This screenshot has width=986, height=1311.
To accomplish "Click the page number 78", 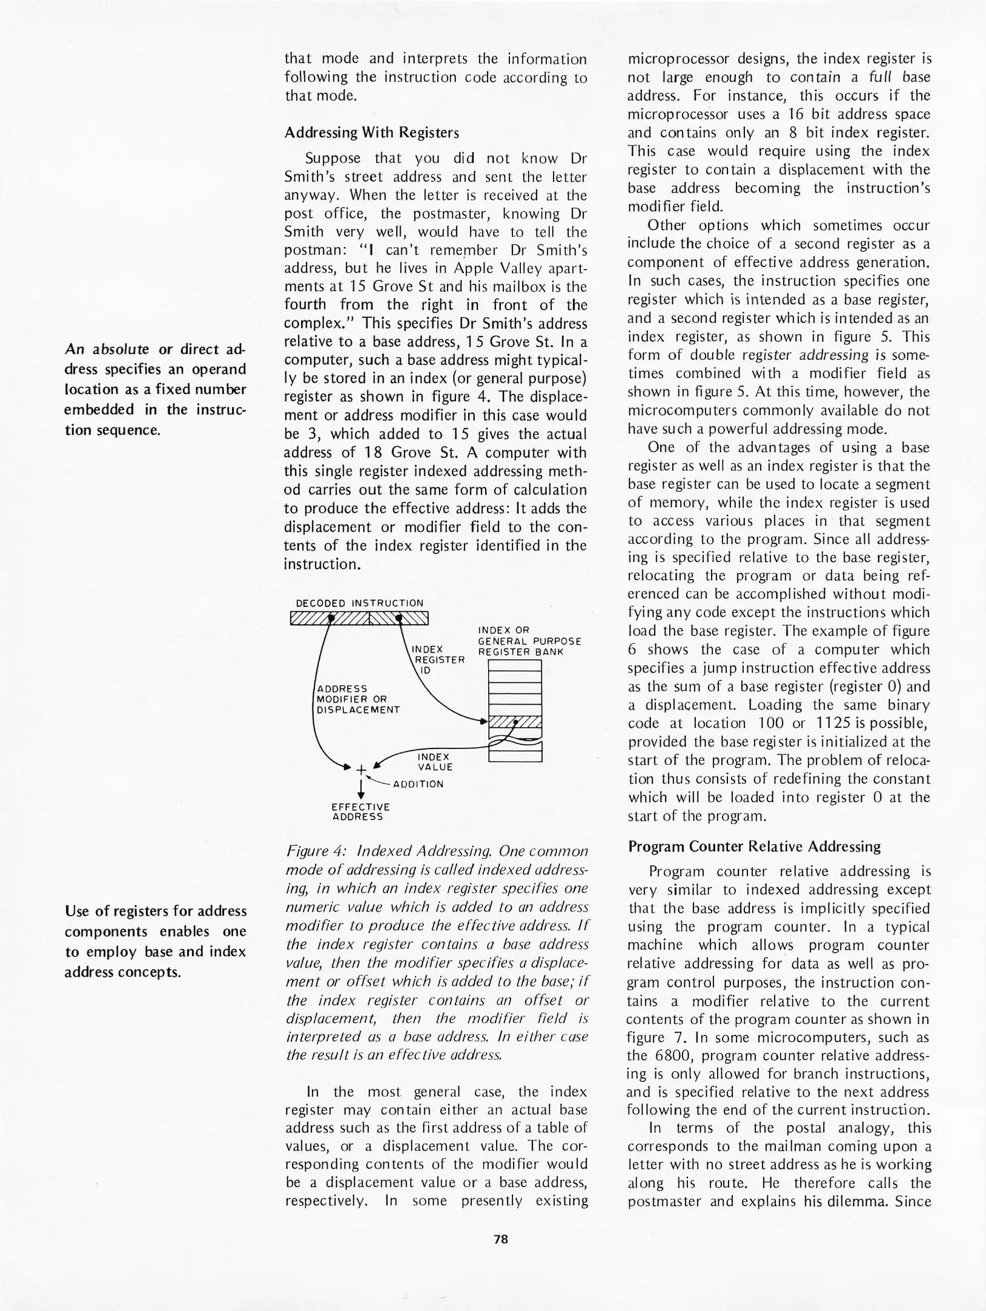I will point(500,1239).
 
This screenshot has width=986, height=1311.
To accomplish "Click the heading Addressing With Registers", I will point(372,132).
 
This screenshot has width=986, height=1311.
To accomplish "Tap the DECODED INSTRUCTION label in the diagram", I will point(359,603).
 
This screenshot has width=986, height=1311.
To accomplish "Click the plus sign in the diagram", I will point(361,770).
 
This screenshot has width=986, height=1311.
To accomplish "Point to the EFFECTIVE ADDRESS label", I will point(361,811).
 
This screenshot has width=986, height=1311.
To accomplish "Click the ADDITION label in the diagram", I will point(418,784).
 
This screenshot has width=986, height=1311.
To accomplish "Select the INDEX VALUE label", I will point(435,762).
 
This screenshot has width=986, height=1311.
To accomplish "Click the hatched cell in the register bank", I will point(515,722).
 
